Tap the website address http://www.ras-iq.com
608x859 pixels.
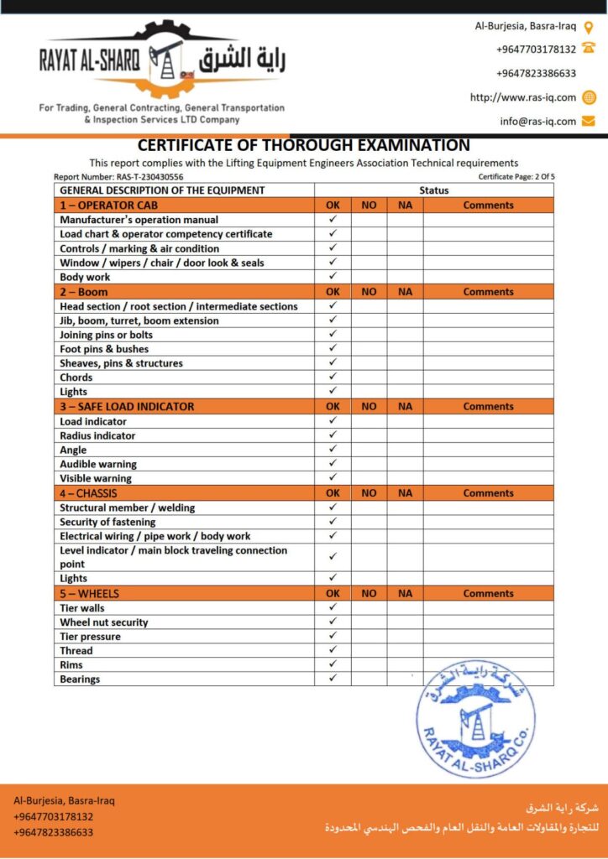522,97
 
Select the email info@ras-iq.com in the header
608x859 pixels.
537,121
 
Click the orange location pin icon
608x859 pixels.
589,27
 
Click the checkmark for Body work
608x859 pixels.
333,276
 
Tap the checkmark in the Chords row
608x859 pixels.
333,377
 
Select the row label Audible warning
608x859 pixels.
97,464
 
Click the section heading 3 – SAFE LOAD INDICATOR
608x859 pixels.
127,406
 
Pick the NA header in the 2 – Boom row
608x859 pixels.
405,292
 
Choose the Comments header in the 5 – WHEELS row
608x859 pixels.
488,593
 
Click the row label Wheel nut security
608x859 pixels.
103,622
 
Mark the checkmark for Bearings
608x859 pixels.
333,678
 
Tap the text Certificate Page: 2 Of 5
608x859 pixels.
516,177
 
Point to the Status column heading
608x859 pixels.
434,190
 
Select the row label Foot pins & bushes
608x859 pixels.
104,349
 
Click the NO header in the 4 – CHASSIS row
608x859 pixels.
369,493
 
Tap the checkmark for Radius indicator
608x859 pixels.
333,435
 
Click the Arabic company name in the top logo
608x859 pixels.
244,60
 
